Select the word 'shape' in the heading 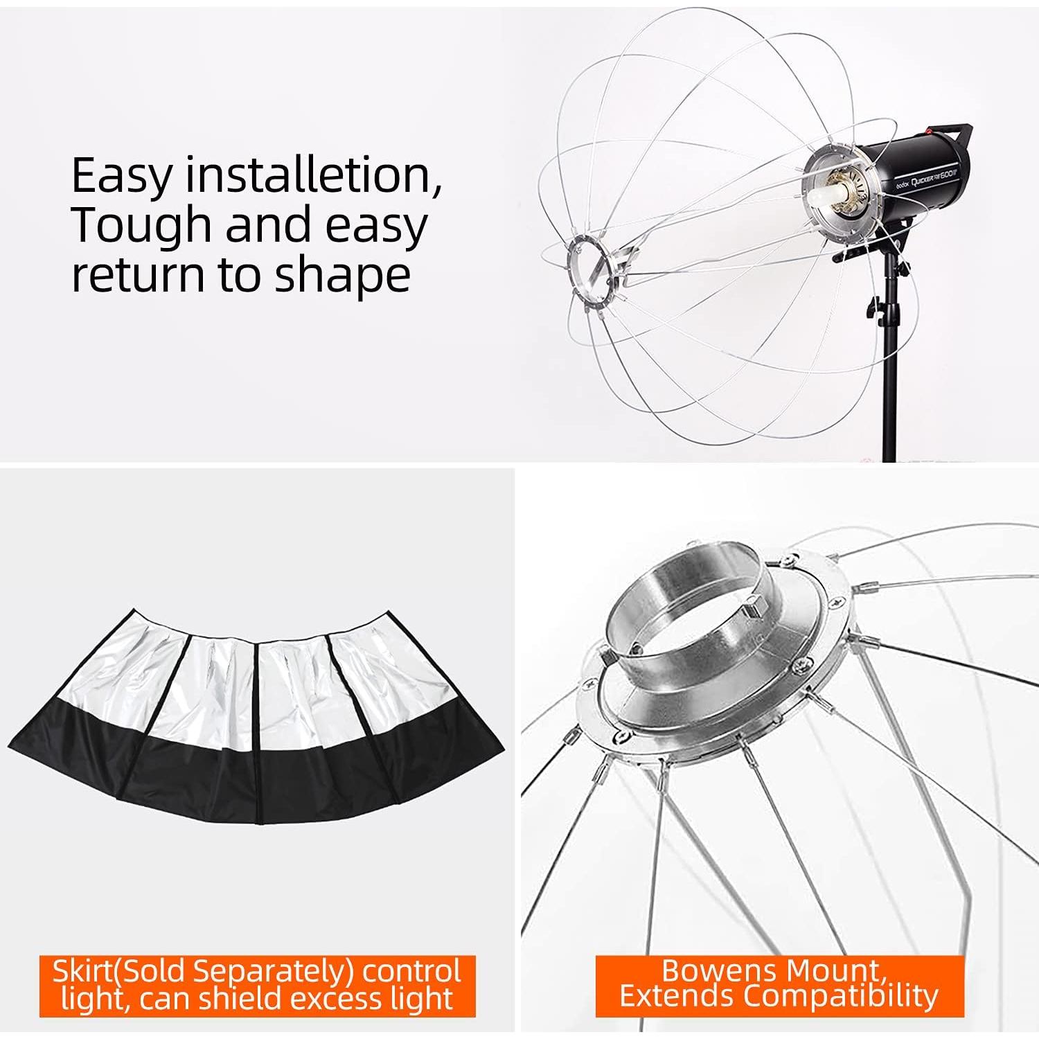click(342, 276)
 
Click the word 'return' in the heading click(139, 276)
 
